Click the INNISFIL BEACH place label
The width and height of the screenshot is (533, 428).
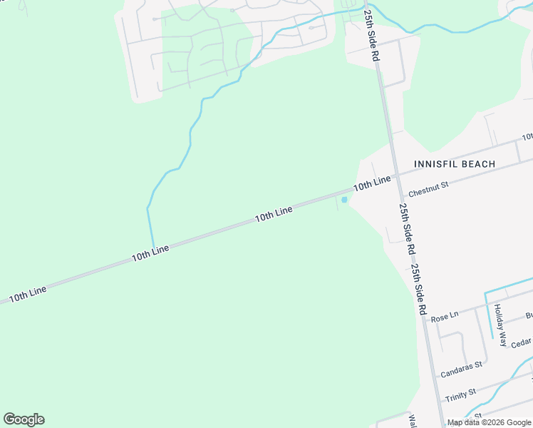click(x=455, y=164)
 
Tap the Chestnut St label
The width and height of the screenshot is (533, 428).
click(x=428, y=189)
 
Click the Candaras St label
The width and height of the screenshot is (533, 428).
click(x=461, y=369)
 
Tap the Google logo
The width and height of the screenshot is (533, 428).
click(x=24, y=419)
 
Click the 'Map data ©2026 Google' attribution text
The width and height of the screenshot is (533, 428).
click(x=489, y=422)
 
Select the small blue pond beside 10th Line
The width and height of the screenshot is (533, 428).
click(x=344, y=200)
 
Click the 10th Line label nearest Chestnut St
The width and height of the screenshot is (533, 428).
click(x=373, y=183)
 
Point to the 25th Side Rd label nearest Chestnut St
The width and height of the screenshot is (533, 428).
click(x=407, y=230)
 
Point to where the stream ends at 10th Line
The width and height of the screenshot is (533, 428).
click(x=152, y=248)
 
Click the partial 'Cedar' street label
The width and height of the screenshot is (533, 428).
click(x=521, y=342)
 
